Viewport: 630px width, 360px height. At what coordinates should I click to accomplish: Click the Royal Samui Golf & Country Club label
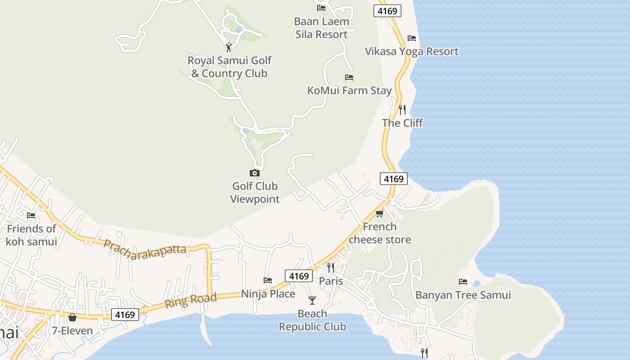229,67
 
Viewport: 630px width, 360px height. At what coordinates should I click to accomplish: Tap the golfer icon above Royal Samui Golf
229,47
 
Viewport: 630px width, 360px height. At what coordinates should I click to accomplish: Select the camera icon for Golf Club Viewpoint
255,173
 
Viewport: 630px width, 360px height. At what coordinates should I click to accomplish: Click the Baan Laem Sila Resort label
321,28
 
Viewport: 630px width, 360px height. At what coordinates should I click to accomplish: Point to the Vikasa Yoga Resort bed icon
411,38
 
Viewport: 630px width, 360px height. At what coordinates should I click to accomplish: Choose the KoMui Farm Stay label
349,90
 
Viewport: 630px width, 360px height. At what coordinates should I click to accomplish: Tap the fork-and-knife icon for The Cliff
402,109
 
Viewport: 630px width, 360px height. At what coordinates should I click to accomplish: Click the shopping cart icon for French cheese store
379,213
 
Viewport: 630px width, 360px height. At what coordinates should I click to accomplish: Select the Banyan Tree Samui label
463,295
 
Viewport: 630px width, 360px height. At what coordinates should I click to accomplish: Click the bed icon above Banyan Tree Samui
463,282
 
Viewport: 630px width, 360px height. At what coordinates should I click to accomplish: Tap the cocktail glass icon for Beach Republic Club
312,300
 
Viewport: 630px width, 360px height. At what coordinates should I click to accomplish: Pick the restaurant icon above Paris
331,268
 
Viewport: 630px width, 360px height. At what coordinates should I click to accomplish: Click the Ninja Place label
268,294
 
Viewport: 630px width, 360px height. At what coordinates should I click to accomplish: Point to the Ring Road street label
190,301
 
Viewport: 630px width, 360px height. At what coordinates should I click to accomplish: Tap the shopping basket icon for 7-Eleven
72,318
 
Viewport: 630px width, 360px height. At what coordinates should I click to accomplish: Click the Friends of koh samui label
31,235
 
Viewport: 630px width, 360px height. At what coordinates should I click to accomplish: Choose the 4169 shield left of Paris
299,276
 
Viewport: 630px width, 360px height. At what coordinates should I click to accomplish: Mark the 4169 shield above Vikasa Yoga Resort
387,11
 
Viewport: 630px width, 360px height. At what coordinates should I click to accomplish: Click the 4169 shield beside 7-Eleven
125,315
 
